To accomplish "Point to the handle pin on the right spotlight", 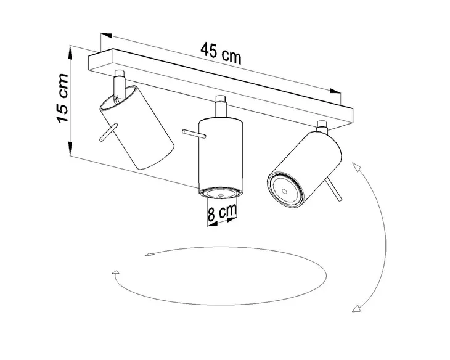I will [x=337, y=192].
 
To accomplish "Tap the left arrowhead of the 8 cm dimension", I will [x=210, y=224].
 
